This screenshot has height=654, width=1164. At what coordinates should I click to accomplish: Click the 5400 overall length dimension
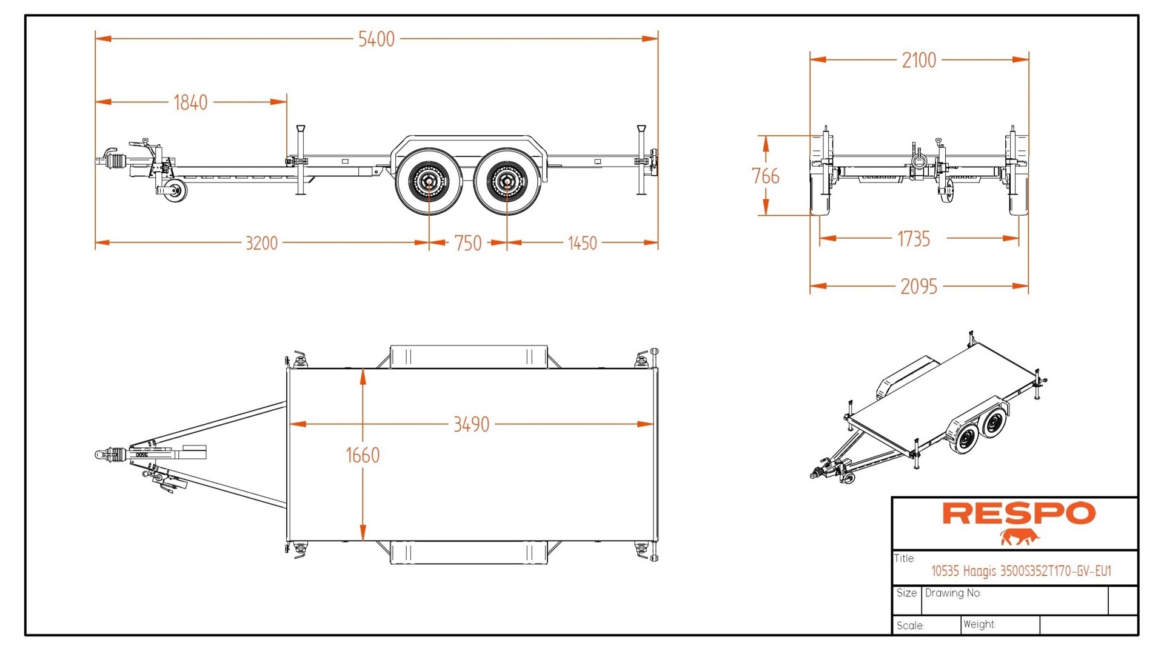376,39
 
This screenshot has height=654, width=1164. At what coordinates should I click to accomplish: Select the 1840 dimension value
190,102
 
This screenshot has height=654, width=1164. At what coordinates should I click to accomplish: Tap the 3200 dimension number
261,243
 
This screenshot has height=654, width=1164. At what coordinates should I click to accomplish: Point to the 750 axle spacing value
468,243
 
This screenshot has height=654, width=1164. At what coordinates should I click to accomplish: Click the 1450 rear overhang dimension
582,243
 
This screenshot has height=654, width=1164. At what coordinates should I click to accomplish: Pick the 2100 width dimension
918,61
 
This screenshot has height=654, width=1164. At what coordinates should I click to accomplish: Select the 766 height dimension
765,176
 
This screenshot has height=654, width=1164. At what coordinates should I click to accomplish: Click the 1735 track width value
913,239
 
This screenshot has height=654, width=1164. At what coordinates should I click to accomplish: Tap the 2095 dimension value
918,287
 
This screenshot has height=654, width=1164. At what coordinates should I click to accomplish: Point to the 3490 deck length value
471,424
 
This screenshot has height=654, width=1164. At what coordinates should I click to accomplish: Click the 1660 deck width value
363,455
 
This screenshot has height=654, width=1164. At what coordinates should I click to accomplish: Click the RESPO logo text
1018,513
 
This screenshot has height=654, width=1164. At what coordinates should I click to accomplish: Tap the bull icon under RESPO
1020,537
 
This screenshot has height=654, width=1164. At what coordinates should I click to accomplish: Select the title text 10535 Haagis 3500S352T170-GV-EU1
1021,571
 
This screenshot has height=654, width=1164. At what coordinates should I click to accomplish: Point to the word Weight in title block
978,624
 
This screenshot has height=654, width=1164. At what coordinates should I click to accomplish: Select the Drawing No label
952,593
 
